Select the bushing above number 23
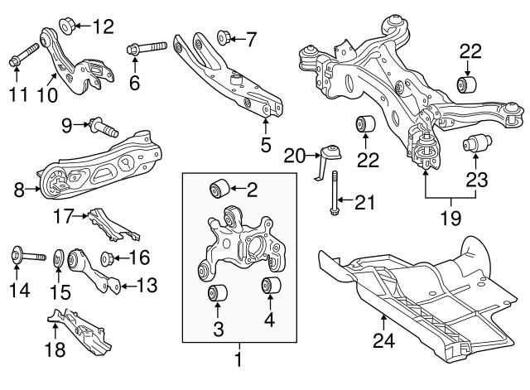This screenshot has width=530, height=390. tap(475, 144)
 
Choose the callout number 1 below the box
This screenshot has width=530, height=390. tap(238, 360)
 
